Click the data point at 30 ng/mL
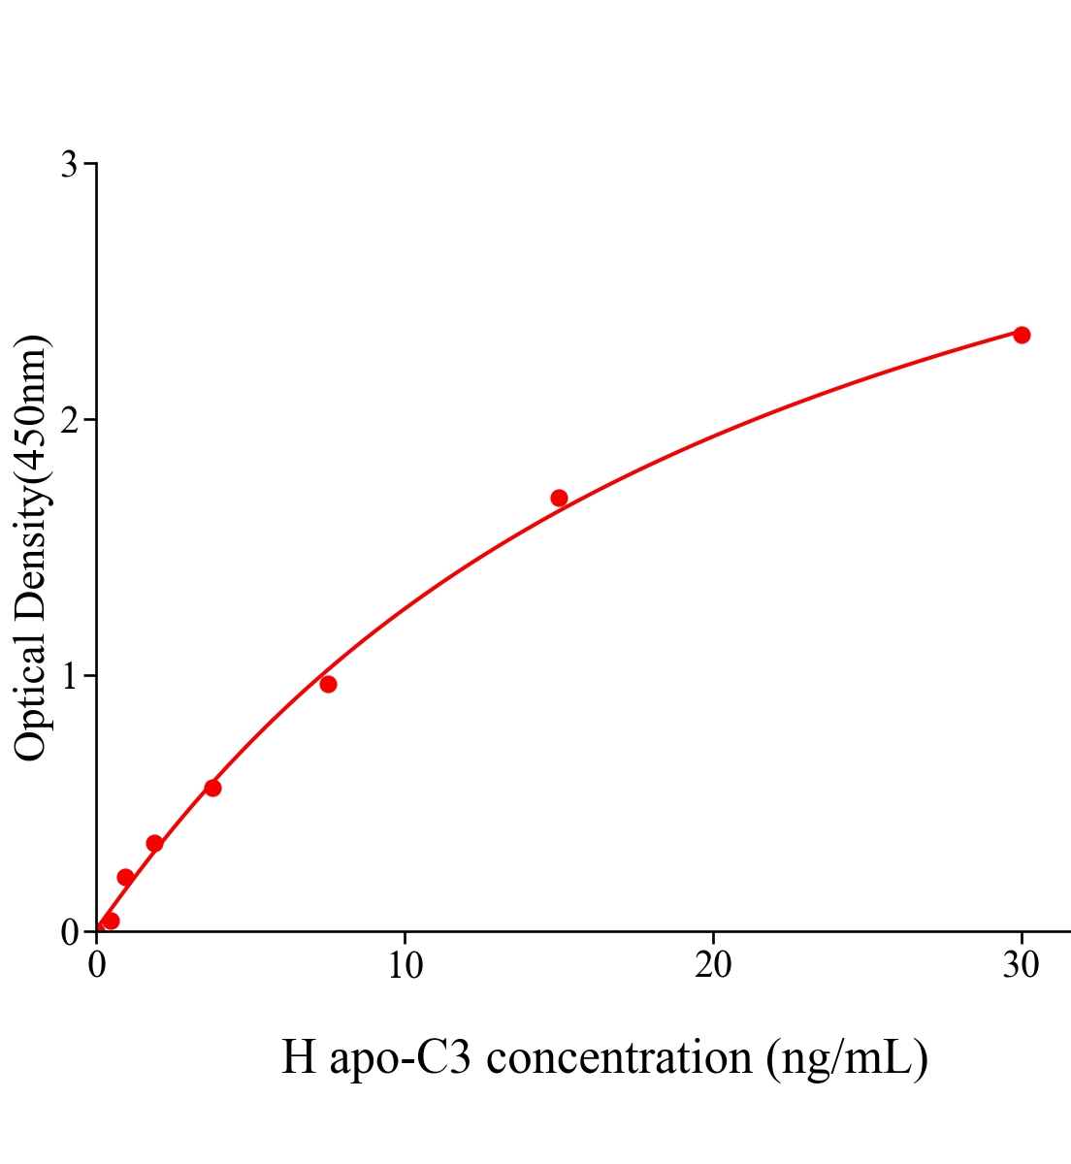click(1022, 335)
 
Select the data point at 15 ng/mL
click(559, 498)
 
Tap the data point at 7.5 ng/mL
click(328, 684)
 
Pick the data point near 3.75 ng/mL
click(212, 788)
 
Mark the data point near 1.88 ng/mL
click(154, 843)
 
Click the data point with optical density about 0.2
click(125, 877)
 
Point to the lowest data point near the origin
click(111, 921)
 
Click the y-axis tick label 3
click(69, 165)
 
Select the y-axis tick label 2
click(69, 420)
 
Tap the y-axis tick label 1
click(69, 676)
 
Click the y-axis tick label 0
click(69, 932)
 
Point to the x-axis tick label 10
click(405, 966)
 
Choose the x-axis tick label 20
click(713, 966)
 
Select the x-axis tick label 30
click(1021, 966)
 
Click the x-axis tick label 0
click(97, 966)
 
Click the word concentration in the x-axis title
click(619, 1057)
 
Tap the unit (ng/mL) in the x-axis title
click(847, 1057)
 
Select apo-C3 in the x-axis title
click(400, 1057)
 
